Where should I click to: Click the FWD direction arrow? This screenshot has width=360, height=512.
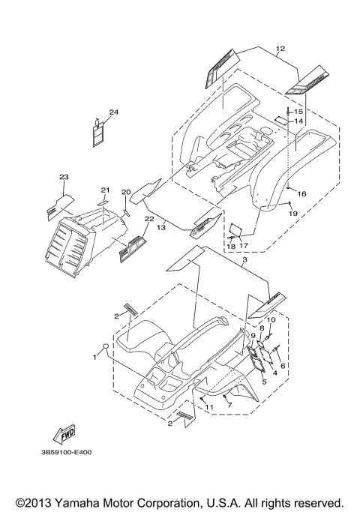point(64,435)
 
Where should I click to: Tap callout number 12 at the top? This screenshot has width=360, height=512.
point(280,49)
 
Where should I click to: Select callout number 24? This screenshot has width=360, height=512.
point(114,112)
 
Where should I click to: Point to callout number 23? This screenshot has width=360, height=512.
point(64,177)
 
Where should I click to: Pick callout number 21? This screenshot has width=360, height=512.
point(105,190)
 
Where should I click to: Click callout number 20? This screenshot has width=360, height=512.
point(126,192)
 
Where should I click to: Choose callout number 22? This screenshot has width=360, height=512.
point(149,219)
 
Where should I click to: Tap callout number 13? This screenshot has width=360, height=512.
point(161,228)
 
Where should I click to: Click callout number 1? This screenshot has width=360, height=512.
point(94,358)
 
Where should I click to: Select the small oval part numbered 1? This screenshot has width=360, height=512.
point(106,347)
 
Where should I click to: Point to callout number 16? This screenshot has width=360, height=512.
point(301,194)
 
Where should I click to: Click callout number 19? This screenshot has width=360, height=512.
point(293,214)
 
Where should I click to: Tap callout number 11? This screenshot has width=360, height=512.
point(209,407)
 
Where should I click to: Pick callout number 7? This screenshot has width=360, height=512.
point(229,406)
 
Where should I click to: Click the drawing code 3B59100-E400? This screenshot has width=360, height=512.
point(66,453)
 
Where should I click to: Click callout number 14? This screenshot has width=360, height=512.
point(298,121)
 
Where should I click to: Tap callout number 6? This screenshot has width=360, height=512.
point(283,366)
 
